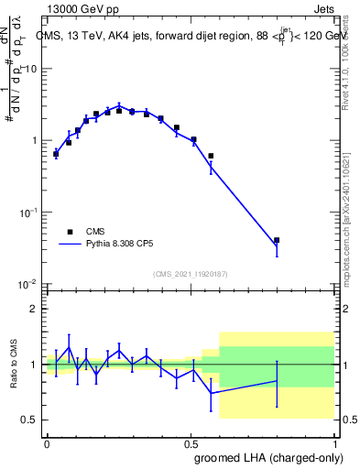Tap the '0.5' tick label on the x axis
pos(191,442)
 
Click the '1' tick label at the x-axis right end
pos(334,442)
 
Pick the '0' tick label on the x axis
pos(47,442)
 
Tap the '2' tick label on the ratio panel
pos(35,310)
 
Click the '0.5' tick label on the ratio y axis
pos(29,420)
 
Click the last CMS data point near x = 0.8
pos(277,240)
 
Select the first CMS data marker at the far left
pos(56,154)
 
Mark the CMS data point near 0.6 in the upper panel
pos(211,156)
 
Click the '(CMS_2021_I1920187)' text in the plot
pos(191,273)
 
